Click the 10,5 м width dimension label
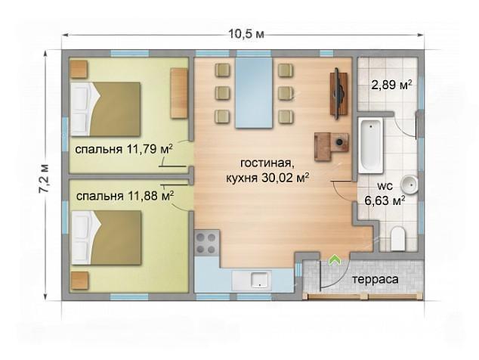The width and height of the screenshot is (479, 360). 246,34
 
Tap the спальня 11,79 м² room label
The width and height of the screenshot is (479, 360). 124,149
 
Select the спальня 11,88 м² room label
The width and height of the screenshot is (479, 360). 125,196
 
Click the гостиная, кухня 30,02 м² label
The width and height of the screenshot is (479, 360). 267,170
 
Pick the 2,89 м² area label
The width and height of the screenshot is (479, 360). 391,85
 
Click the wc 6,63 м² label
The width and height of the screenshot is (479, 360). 385,194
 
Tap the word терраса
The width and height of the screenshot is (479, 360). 375,279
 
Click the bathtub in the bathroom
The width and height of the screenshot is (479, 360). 370,145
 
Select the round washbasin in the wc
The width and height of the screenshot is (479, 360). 409,185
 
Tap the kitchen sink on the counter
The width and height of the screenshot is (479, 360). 259,279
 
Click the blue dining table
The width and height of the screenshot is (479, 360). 254,93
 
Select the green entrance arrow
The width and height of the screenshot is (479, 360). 335,260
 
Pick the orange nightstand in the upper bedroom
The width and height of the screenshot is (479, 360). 79,70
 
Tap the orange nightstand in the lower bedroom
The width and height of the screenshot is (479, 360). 79,281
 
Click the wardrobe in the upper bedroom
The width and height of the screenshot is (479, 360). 179,93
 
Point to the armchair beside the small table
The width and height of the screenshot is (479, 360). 323,147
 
